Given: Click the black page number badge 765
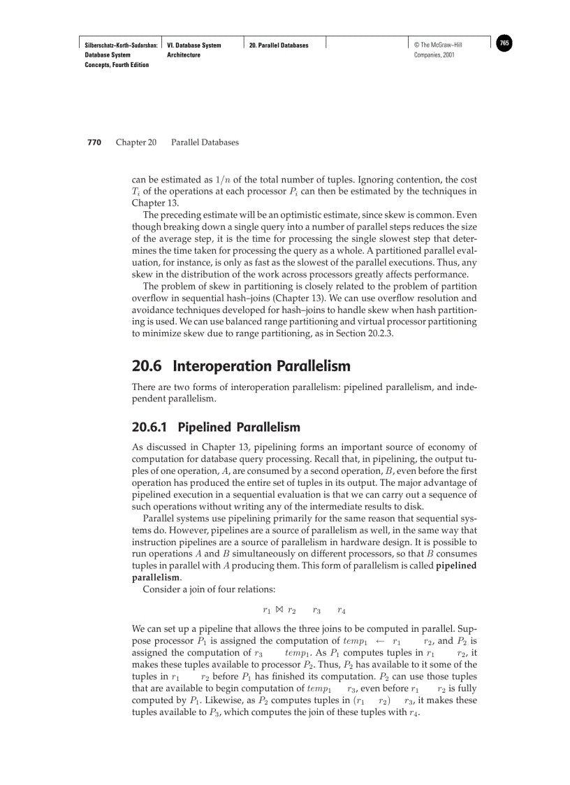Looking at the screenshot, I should [504, 43].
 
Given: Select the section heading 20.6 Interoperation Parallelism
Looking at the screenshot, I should [241, 366].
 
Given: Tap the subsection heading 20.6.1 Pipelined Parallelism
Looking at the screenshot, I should [216, 427].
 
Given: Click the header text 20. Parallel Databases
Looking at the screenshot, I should [279, 45].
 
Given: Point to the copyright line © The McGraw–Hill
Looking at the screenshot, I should [438, 45].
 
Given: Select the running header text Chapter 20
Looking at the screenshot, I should [136, 143].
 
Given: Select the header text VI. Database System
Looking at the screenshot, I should [194, 45].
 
